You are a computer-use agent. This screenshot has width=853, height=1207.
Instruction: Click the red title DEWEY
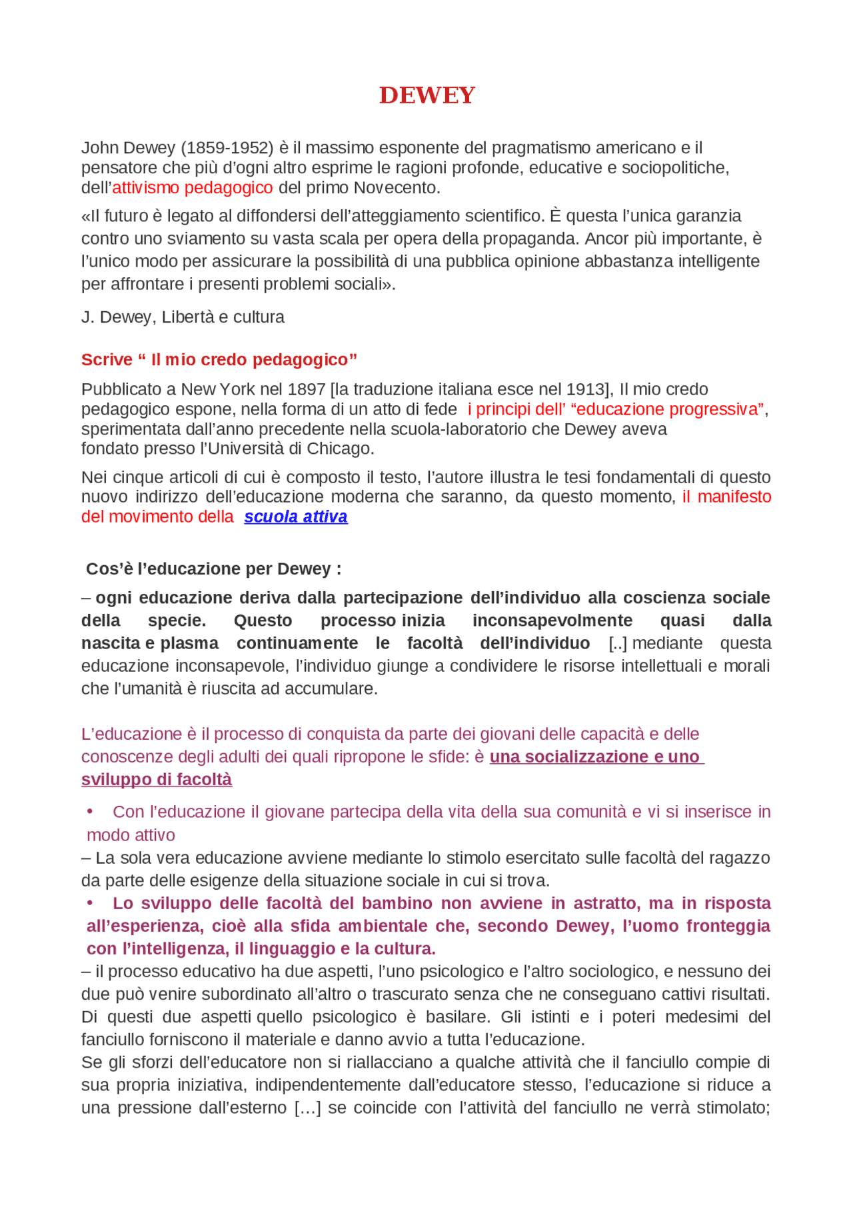click(426, 95)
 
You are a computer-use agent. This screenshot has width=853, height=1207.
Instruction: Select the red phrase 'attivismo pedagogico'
click(193, 188)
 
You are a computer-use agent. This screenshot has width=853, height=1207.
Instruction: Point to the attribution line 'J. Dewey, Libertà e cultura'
click(183, 317)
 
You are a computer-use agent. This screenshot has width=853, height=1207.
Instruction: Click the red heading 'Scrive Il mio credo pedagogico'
click(219, 360)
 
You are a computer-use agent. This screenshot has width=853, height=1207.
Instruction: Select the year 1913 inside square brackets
click(584, 389)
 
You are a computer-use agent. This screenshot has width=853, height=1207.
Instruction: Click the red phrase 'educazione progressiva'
click(666, 409)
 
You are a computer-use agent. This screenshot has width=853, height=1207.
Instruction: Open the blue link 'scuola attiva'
click(296, 517)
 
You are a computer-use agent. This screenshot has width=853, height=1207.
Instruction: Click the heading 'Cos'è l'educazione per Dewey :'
click(213, 569)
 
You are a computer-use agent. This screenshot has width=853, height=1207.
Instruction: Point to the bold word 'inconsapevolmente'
click(552, 620)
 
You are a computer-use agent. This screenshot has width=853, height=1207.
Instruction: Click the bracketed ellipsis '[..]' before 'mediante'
click(618, 643)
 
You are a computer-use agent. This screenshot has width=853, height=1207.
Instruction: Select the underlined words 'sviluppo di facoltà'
click(157, 779)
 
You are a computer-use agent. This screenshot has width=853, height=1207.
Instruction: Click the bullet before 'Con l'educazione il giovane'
click(90, 811)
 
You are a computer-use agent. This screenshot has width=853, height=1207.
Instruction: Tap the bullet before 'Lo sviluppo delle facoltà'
click(90, 902)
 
